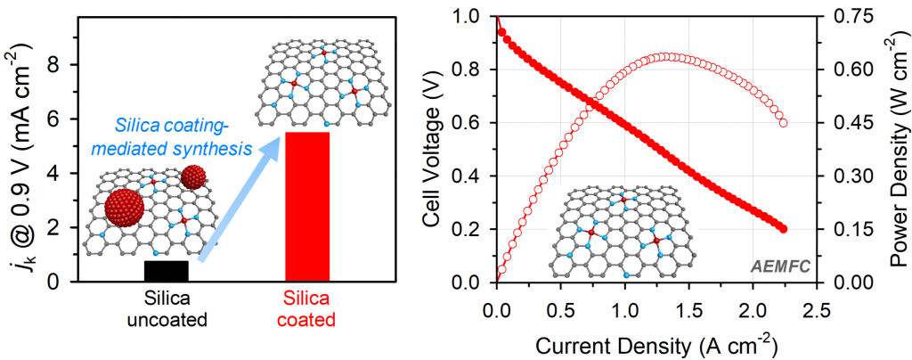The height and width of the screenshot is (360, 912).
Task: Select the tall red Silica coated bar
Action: [307, 206]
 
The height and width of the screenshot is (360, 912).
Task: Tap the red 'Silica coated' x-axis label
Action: [307, 307]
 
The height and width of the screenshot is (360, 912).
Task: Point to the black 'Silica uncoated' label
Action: [167, 307]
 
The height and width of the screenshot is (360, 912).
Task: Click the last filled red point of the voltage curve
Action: [784, 229]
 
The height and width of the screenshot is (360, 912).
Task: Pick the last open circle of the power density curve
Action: [784, 123]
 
